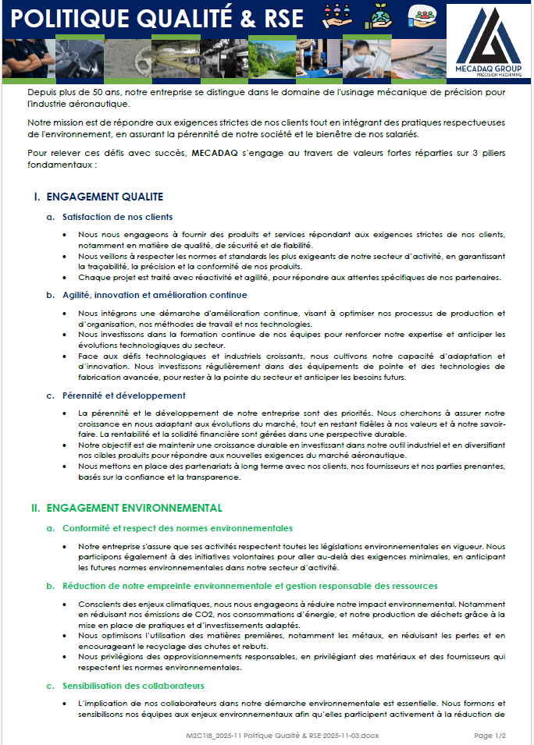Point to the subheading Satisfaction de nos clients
[118, 216]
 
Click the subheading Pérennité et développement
[124, 396]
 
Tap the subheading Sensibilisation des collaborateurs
[133, 686]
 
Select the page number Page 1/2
[490, 736]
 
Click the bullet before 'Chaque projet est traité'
[63, 278]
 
